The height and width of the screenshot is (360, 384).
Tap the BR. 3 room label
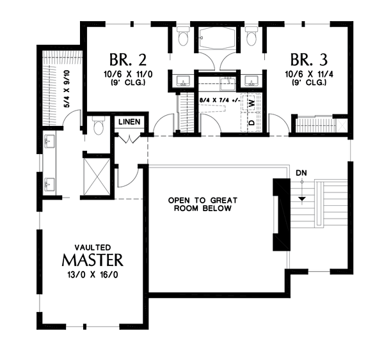pos(309,61)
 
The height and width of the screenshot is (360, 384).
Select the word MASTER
pos(92,260)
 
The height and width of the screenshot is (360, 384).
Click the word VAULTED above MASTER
pos(93,246)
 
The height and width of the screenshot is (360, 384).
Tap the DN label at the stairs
pos(301,173)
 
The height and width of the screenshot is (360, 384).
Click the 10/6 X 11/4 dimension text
pos(309,75)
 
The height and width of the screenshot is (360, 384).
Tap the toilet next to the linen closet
pos(98,129)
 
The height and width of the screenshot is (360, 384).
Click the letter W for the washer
pos(252,102)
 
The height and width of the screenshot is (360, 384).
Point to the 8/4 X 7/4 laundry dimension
pos(217,101)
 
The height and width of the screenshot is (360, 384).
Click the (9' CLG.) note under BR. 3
pos(309,83)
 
